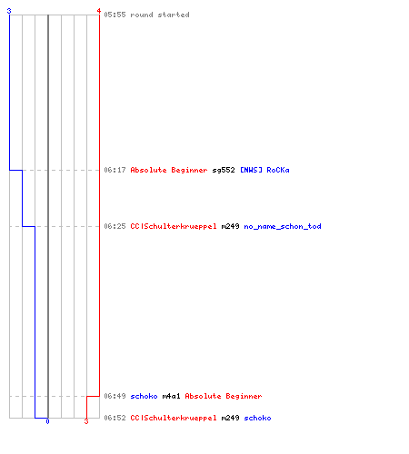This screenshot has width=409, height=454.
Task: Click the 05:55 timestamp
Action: pyautogui.click(x=115, y=15)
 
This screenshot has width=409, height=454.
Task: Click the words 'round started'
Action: pyautogui.click(x=160, y=15)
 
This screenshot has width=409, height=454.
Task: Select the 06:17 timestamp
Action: pyautogui.click(x=115, y=170)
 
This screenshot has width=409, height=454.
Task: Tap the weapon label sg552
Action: pyautogui.click(x=224, y=170)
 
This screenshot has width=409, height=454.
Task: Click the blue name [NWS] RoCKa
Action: pyautogui.click(x=264, y=170)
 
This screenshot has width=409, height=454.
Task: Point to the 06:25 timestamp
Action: pyautogui.click(x=115, y=226)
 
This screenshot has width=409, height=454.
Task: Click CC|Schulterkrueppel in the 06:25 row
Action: pyautogui.click(x=174, y=226)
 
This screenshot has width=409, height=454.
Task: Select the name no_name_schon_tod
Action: pyautogui.click(x=283, y=226)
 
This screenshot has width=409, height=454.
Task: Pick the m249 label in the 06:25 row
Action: pyautogui.click(x=230, y=226)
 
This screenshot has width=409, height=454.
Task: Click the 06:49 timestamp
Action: pyautogui.click(x=115, y=396)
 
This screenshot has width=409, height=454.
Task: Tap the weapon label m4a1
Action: pyautogui.click(x=171, y=396)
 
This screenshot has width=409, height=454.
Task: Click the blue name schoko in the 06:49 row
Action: pyautogui.click(x=144, y=396)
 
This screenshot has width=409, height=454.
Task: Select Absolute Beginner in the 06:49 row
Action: pyautogui.click(x=224, y=396)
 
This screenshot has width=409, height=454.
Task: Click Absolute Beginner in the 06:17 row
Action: pyautogui.click(x=169, y=170)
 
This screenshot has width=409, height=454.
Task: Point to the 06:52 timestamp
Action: pyautogui.click(x=115, y=418)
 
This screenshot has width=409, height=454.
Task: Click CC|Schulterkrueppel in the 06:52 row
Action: pyautogui.click(x=174, y=418)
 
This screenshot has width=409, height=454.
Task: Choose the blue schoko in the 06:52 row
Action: pyautogui.click(x=257, y=418)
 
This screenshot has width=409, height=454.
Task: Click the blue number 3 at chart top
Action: pyautogui.click(x=9, y=11)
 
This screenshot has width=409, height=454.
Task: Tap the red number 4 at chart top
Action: pyautogui.click(x=99, y=11)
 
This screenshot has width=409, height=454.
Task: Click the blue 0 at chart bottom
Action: pyautogui.click(x=47, y=421)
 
